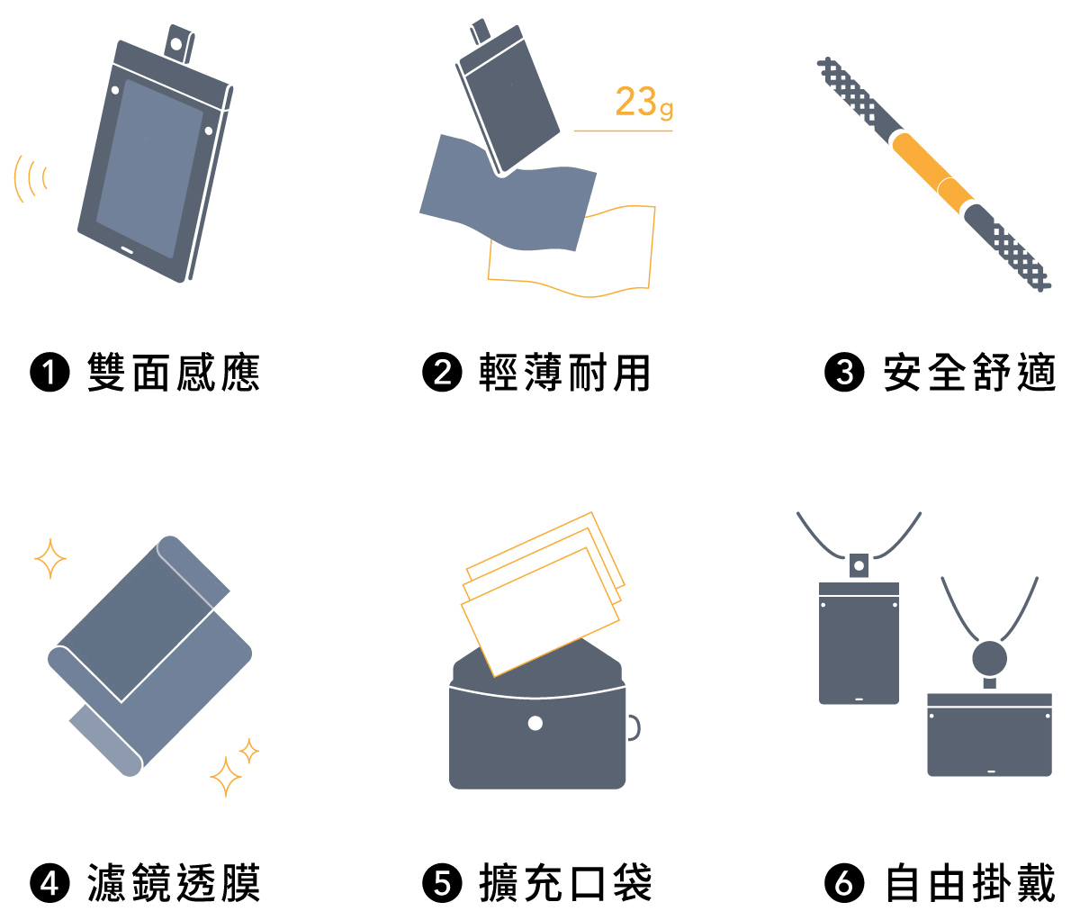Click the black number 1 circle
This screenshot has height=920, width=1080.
49,373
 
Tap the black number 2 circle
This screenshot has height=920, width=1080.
442,373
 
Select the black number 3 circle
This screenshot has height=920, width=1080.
844,373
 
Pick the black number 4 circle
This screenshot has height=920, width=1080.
49,883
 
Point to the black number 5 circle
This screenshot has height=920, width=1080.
442,883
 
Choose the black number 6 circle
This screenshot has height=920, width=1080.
844,883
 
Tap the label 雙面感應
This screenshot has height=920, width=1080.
174,373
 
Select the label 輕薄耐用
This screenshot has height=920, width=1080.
564,373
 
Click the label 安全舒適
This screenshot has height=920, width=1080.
968,373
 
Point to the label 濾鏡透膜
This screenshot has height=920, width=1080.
174,883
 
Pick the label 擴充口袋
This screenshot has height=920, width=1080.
564,883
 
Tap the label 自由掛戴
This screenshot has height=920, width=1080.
968,883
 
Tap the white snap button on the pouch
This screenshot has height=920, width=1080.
535,723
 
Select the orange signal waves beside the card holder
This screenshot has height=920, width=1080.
30,178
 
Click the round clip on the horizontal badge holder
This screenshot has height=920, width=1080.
989,659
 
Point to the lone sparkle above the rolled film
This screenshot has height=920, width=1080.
50,558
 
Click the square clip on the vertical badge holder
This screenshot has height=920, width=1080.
859,565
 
